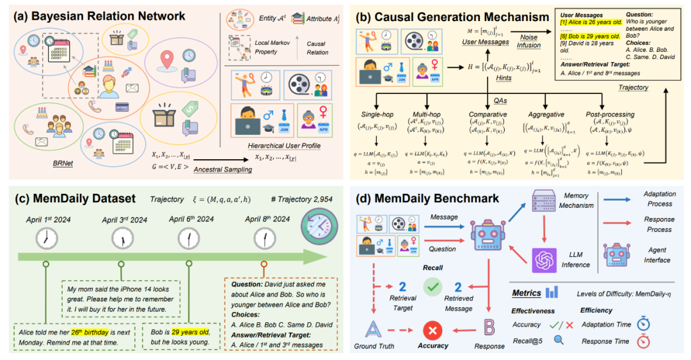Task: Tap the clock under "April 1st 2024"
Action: [x=46, y=239]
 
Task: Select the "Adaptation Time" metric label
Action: [x=607, y=324]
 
